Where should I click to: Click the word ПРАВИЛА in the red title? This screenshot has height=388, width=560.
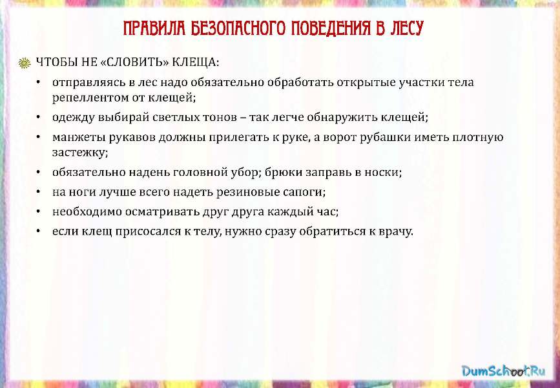pos(154,28)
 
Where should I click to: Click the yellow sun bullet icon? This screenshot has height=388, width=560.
pos(25,63)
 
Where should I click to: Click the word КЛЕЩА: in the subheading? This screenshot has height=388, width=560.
pos(196,63)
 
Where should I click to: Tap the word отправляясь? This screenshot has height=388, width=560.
pos(89,83)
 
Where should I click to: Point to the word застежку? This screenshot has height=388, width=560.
pos(80,153)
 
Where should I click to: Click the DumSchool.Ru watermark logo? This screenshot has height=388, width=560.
pos(503,370)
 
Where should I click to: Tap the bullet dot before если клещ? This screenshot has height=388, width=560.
pos(38,231)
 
